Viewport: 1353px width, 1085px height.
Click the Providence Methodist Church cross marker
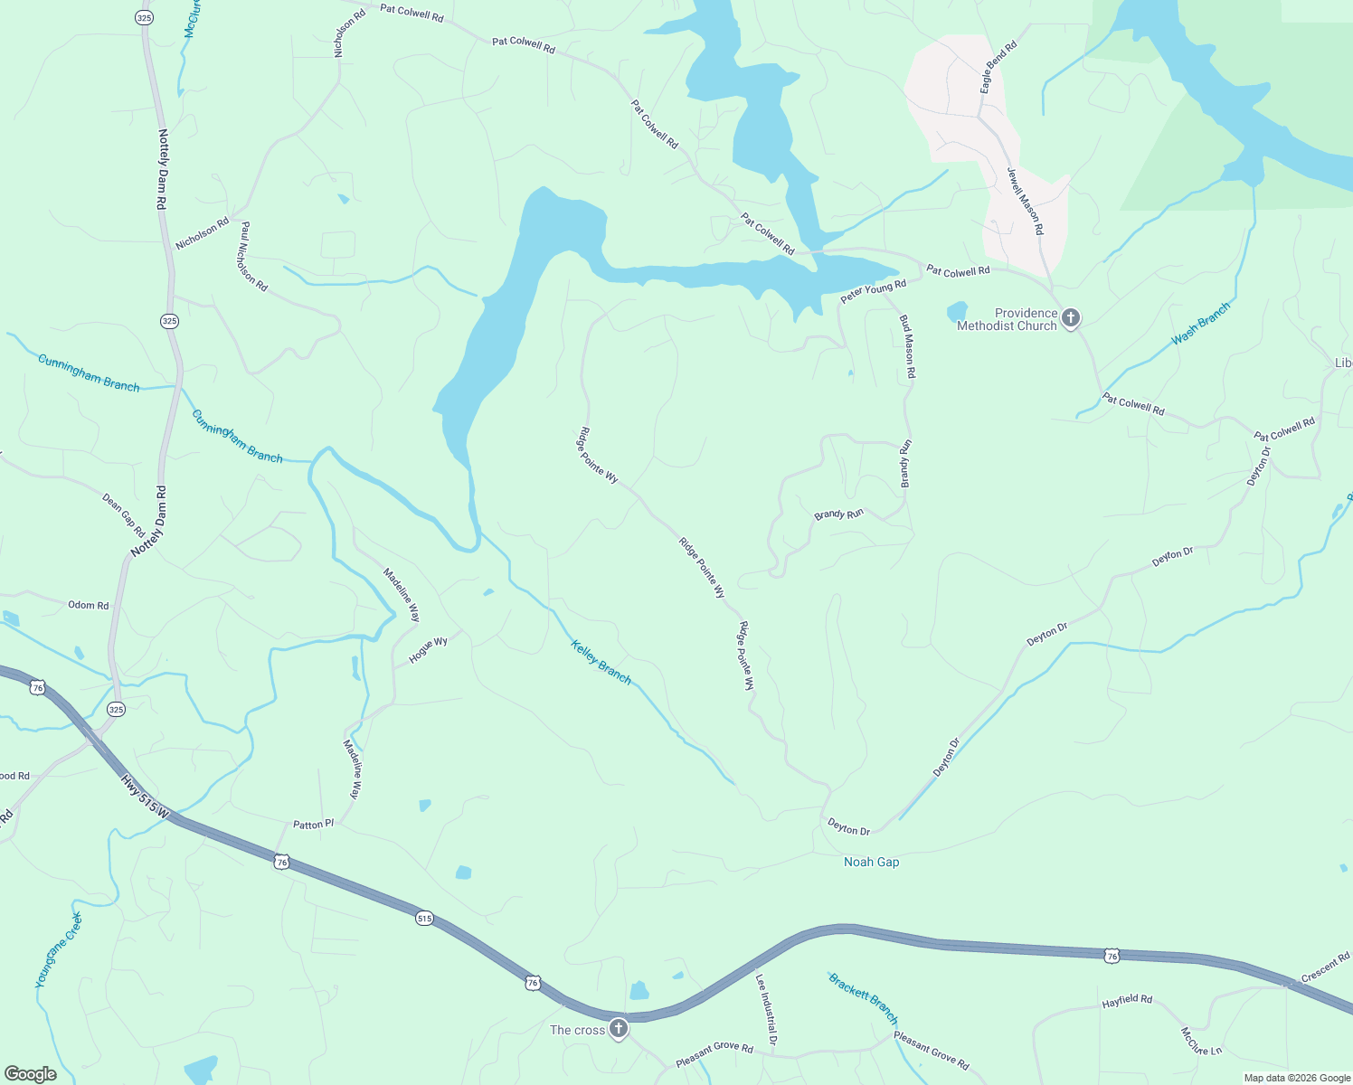[x=1071, y=318]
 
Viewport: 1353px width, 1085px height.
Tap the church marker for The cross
[x=618, y=1028]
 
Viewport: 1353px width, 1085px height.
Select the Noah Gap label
[x=871, y=862]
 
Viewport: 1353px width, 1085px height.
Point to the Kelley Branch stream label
[x=601, y=661]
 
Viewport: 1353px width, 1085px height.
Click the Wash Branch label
[x=1200, y=324]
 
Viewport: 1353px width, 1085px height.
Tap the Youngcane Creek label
[x=59, y=949]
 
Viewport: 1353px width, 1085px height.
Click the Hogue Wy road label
[x=428, y=650]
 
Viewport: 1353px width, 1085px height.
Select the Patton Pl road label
[x=313, y=825]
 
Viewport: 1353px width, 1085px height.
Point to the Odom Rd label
[x=88, y=605]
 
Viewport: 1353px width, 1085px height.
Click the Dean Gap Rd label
[x=123, y=514]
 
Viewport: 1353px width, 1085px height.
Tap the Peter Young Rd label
[x=873, y=291]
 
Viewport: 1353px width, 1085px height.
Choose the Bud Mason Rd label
[x=906, y=346]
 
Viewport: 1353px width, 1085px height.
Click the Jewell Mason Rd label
[x=1025, y=202]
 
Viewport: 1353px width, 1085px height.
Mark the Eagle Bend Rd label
[x=998, y=66]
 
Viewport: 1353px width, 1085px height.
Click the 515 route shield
[x=424, y=919]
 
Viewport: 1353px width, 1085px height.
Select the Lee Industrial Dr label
[x=766, y=1009]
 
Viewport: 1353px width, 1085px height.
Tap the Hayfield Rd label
[x=1127, y=1001]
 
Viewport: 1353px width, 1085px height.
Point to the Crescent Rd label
[x=1325, y=967]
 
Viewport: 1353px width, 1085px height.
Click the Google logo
[x=30, y=1074]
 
